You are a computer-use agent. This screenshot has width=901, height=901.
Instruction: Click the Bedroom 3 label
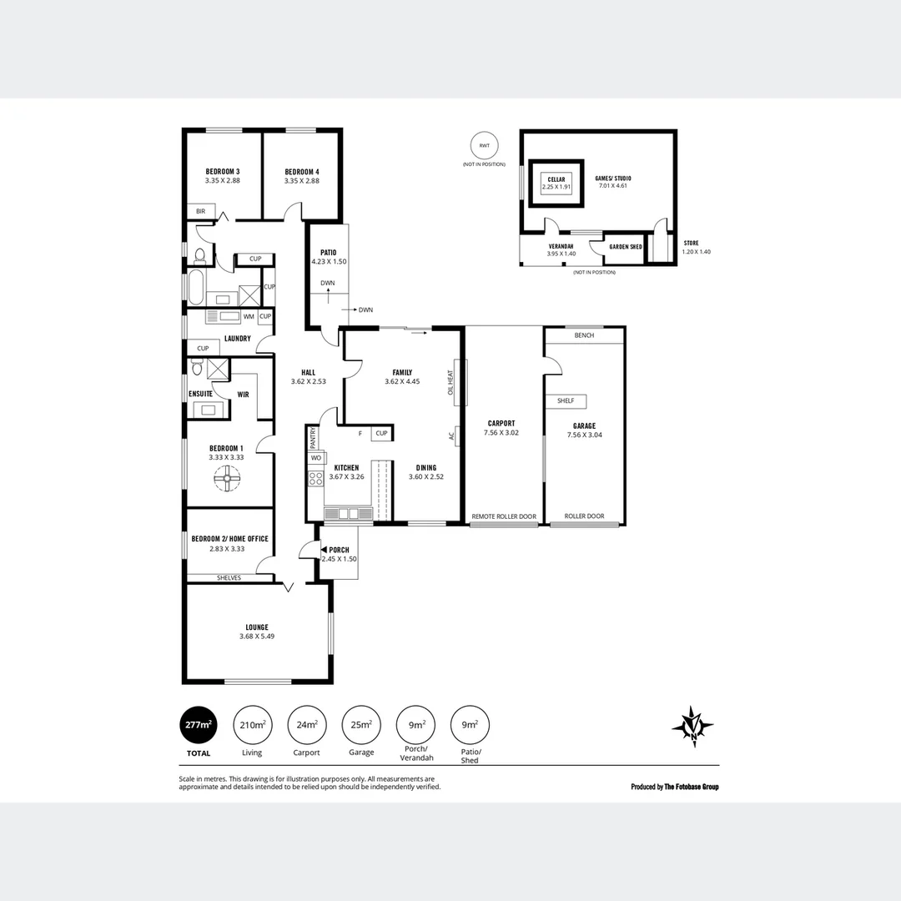[222, 171]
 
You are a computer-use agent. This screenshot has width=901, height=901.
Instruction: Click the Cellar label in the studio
[556, 179]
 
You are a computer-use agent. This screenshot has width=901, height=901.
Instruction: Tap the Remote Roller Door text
[504, 516]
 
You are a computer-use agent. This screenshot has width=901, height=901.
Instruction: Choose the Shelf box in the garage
[566, 401]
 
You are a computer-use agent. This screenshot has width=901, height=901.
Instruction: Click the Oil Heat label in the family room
[450, 382]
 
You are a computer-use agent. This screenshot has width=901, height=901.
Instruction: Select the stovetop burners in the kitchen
[316, 478]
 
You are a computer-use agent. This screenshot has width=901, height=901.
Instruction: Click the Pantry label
[313, 436]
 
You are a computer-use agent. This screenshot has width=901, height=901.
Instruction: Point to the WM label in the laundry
[248, 317]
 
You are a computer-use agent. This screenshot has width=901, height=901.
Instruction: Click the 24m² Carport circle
[307, 725]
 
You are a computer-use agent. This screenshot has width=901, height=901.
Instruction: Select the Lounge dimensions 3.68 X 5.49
[256, 637]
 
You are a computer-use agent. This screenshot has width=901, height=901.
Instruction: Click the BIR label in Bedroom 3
[200, 212]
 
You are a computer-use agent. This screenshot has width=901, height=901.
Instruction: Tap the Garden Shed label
[625, 247]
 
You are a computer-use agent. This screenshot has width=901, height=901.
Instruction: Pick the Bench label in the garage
[584, 335]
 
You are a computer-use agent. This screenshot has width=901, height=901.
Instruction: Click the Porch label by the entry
[340, 550]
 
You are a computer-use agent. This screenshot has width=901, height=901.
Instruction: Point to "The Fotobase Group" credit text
[691, 787]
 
